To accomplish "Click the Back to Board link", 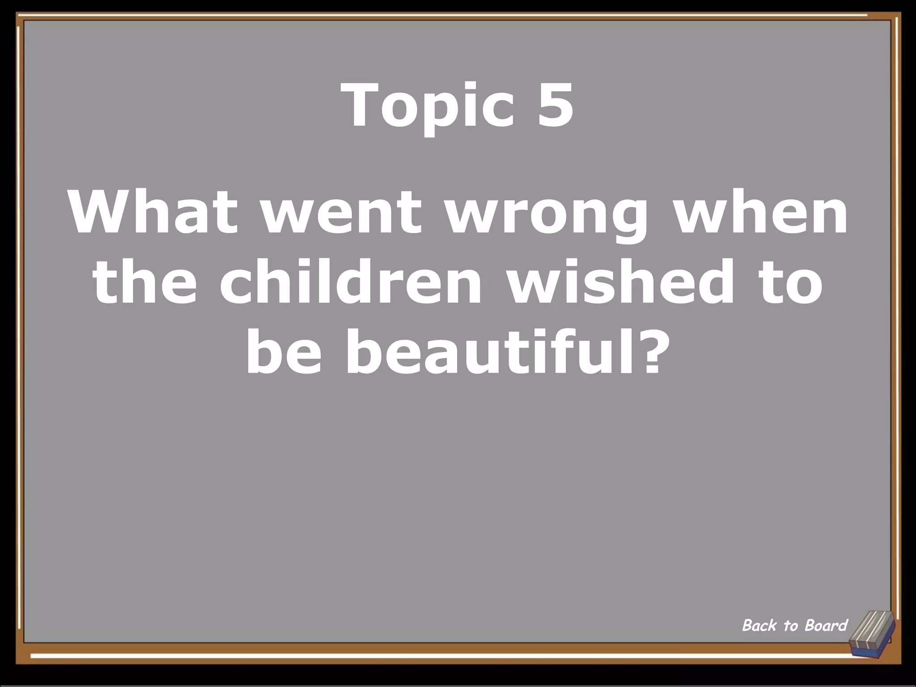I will pos(794,625).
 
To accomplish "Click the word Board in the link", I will pos(826,625).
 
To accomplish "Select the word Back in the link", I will pos(759,625).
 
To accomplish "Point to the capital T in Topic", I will pos(360,106).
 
